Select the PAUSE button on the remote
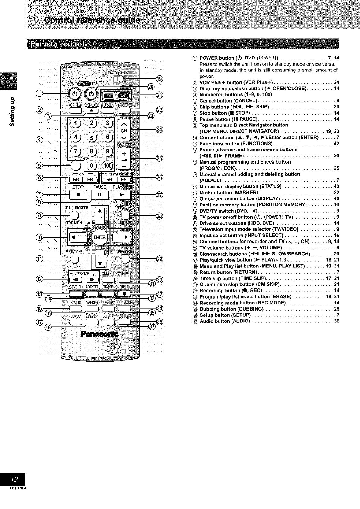tap(99, 194)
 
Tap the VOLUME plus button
tap(124, 154)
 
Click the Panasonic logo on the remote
tap(99, 333)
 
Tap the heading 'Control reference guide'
tap(92, 21)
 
